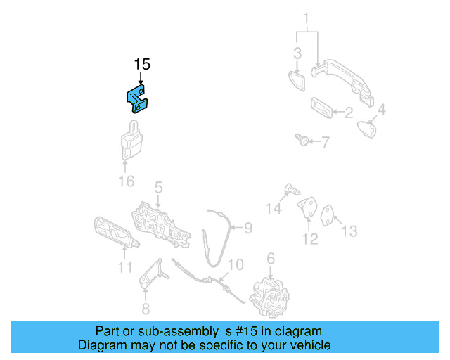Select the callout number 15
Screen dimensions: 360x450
(142, 65)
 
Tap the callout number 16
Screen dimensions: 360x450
(125, 183)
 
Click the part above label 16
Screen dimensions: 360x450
(130, 143)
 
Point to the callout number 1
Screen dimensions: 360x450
(306, 18)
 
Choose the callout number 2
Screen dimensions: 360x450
(348, 112)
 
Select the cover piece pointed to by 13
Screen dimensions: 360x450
(328, 214)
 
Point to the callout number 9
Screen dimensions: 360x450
(247, 227)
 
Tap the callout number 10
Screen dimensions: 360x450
(236, 264)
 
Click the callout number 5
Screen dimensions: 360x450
(159, 188)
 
